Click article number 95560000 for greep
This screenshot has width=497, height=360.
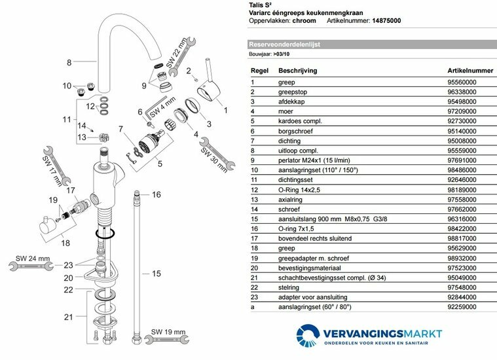pos(462,82)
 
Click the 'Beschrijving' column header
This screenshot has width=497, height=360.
pos(299,69)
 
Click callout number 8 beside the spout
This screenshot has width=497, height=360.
pos(69,63)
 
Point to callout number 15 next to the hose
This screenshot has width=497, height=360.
pos(155,274)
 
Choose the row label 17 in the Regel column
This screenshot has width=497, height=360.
pos(255,239)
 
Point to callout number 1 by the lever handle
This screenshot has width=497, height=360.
pos(226,111)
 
